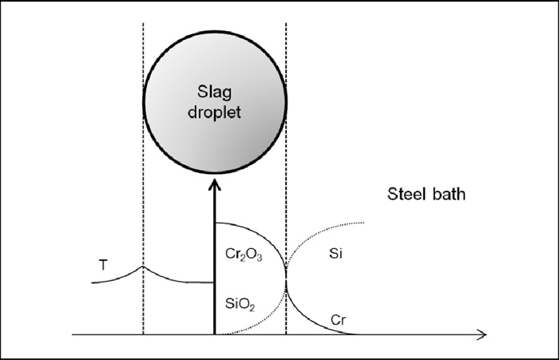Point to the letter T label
click(x=102, y=264)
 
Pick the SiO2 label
click(x=240, y=304)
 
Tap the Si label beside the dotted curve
click(x=335, y=254)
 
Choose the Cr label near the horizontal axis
click(x=338, y=320)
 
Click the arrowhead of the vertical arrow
click(x=214, y=185)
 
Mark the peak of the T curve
click(x=142, y=265)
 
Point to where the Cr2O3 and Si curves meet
click(x=286, y=280)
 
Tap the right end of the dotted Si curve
click(x=365, y=223)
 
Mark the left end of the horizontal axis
click(x=72, y=334)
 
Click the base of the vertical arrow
click(x=214, y=333)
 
